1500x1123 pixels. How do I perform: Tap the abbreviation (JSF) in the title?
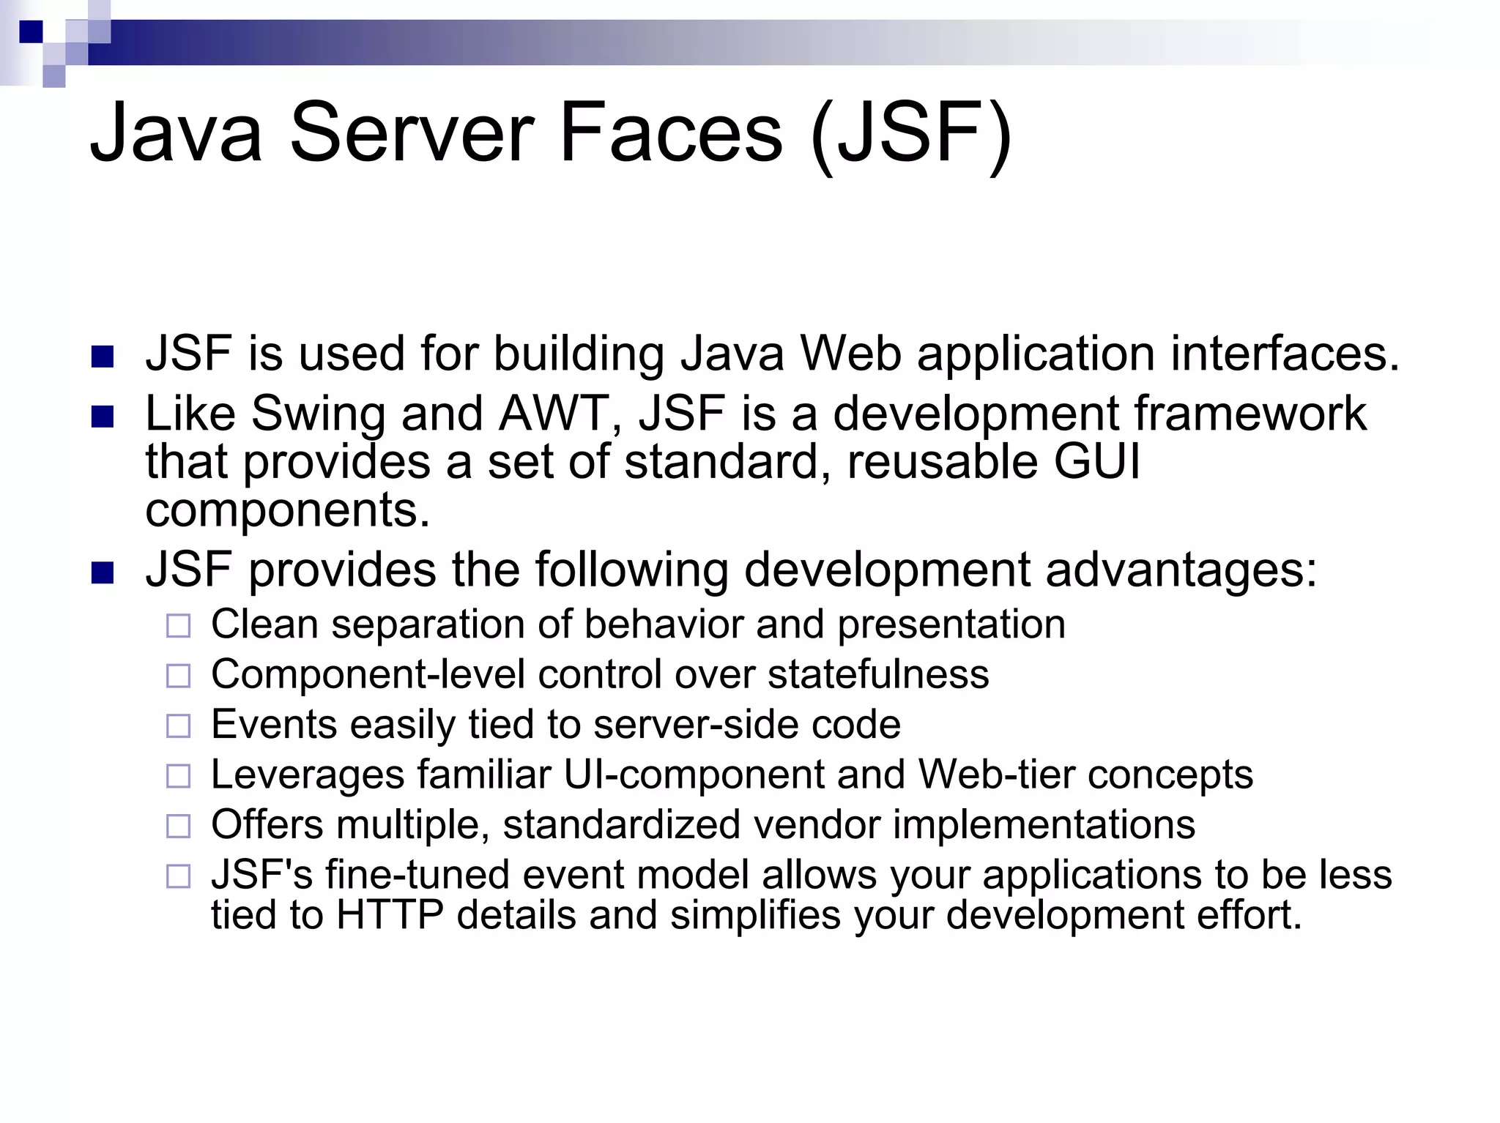[x=911, y=134]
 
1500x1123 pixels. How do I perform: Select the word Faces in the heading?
[x=671, y=134]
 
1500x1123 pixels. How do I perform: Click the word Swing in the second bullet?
[x=318, y=414]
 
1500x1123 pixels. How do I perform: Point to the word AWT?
[x=554, y=413]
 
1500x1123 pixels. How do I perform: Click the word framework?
[x=1250, y=413]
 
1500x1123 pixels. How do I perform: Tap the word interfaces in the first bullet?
[x=1285, y=354]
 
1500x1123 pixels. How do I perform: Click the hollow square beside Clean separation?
[x=178, y=626]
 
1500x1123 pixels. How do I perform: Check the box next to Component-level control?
[x=178, y=676]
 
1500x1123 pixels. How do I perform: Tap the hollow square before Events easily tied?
[x=178, y=725]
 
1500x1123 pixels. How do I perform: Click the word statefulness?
[x=878, y=674]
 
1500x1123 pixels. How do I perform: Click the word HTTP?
[x=390, y=915]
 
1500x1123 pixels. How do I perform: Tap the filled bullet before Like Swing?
[x=103, y=417]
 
